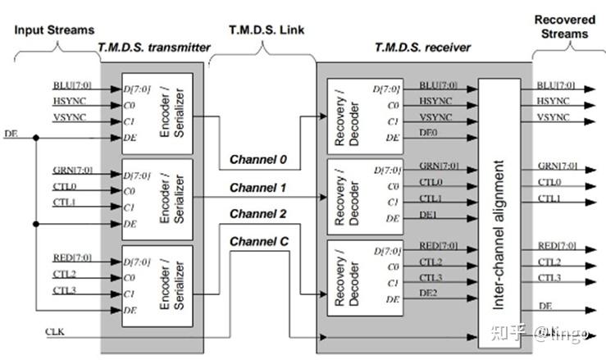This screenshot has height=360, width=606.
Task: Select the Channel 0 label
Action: (x=257, y=159)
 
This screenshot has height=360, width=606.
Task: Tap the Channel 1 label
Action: (x=257, y=188)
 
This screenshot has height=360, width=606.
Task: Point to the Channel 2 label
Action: (x=257, y=214)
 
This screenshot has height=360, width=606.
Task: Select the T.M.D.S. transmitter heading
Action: (x=153, y=48)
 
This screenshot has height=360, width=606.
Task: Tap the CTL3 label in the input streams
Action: (x=65, y=290)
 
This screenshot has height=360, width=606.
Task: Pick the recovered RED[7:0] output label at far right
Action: (x=556, y=246)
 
